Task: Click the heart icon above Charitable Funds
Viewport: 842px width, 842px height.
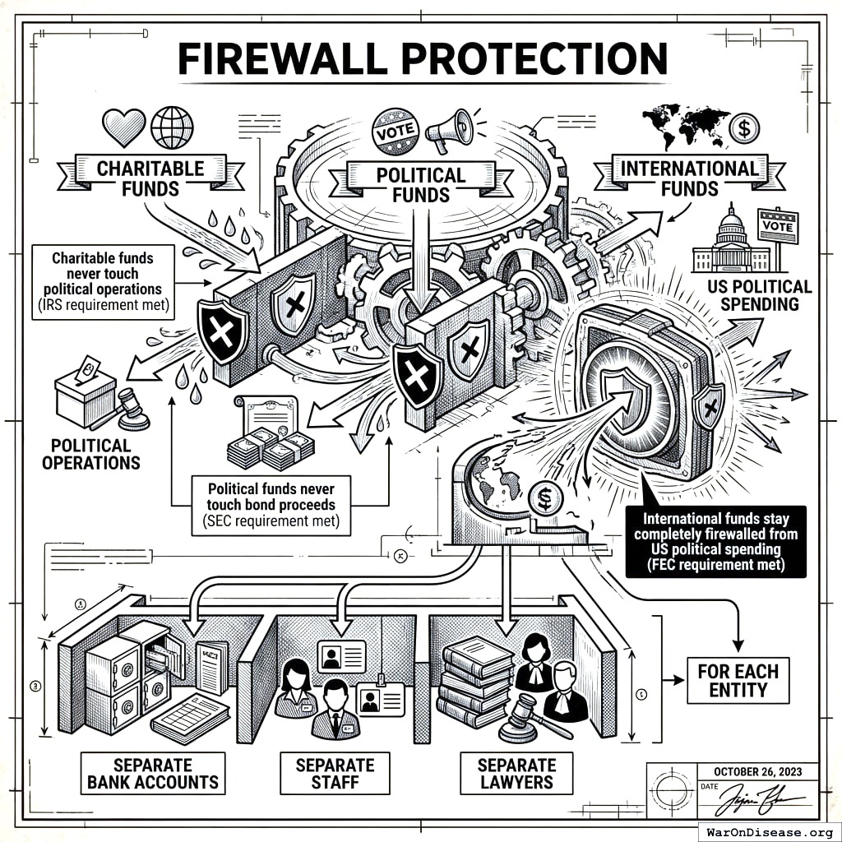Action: tap(123, 127)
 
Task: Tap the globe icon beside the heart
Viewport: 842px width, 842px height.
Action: tap(171, 127)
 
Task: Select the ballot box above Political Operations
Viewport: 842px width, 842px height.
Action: tap(86, 393)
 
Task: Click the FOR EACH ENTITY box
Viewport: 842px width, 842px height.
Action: tap(738, 680)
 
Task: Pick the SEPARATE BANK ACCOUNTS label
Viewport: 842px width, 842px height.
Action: tap(153, 773)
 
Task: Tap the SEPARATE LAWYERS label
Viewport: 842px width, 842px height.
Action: tap(516, 773)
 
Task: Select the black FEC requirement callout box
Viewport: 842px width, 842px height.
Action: tap(715, 542)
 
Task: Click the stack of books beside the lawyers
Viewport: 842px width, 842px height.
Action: tap(474, 682)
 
